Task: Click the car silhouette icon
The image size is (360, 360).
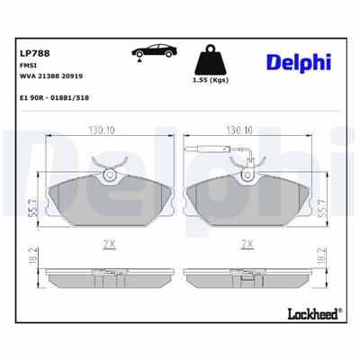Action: point(155,55)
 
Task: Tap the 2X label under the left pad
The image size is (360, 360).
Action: point(109,243)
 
